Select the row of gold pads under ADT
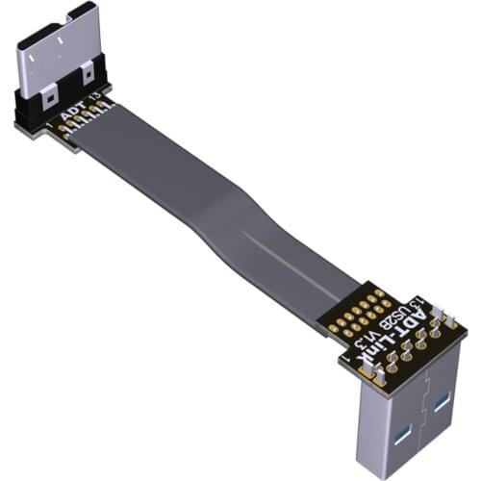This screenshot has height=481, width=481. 81,123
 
